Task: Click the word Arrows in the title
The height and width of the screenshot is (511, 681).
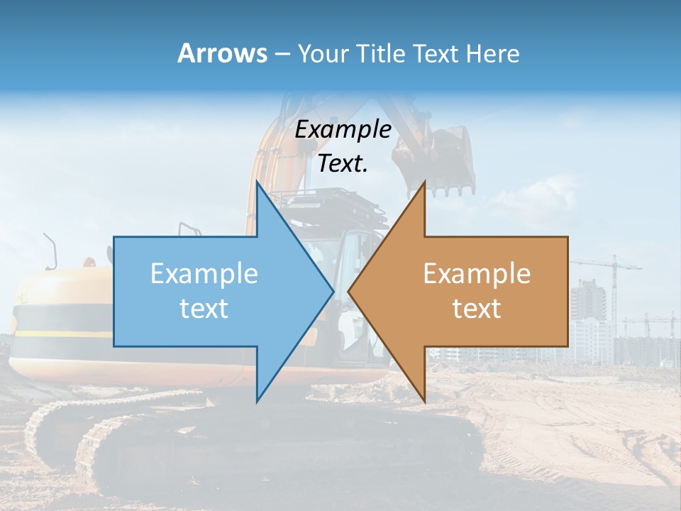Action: [222, 53]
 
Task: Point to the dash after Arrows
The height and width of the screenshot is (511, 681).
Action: [282, 55]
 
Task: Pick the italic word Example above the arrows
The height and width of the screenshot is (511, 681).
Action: [343, 130]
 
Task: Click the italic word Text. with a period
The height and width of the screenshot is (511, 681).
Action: [343, 164]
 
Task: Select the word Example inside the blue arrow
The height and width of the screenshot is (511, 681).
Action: [204, 274]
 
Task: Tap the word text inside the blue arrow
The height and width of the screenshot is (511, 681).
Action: [204, 309]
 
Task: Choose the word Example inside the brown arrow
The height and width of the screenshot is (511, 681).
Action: [477, 274]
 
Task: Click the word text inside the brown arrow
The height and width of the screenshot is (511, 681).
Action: [477, 309]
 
